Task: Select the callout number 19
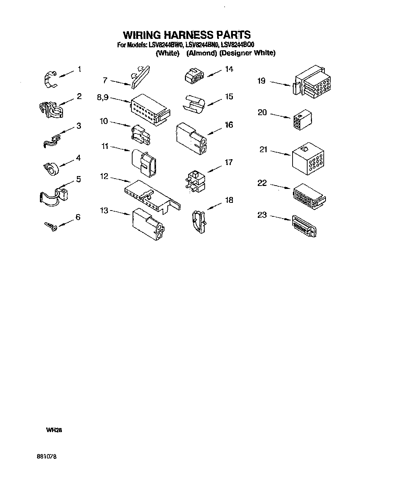(261, 80)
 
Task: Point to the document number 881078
(47, 457)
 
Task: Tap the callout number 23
(262, 215)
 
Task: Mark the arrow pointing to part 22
(280, 187)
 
